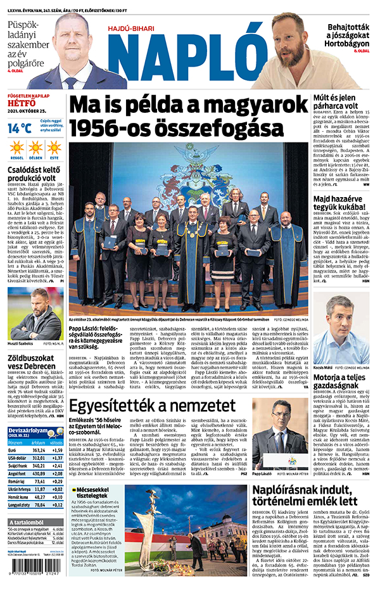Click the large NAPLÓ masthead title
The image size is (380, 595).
tap(184, 56)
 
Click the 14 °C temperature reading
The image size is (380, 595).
tap(19, 127)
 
